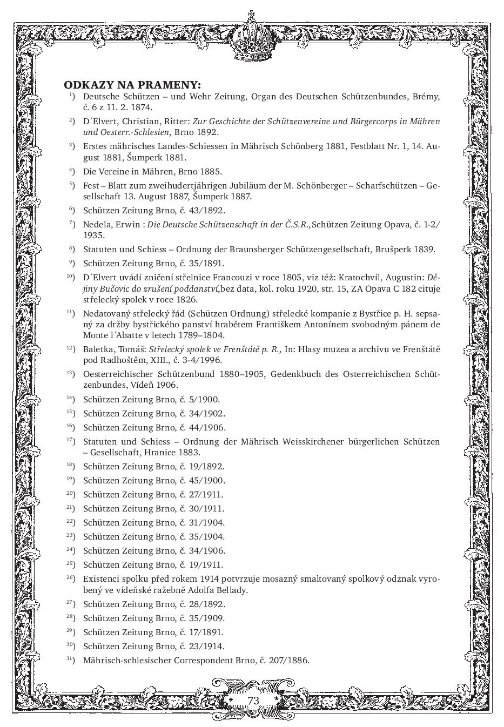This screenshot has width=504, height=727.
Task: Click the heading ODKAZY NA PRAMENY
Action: (x=132, y=85)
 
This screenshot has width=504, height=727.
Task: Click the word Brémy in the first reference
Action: (x=426, y=97)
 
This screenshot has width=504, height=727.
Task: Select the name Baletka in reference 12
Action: (x=98, y=349)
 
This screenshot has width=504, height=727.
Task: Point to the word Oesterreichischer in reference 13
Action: (x=117, y=374)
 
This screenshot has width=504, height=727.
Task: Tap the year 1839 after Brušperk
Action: (x=424, y=250)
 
